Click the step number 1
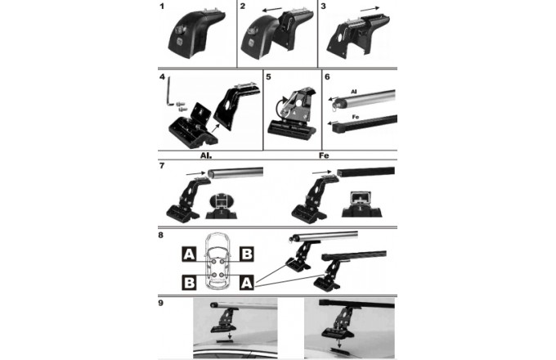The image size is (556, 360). coord(162,6)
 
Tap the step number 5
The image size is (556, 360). coord(268,77)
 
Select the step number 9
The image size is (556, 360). coord(160,303)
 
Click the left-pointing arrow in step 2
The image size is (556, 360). coord(272,9)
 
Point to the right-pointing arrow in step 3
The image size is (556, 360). coord(370,8)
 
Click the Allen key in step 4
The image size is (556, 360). coord(170,91)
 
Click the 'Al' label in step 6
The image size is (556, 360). coord(353,92)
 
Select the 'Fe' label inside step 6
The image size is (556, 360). coord(356,117)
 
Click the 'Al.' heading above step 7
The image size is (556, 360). coord(206,155)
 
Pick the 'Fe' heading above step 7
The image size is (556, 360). coord(324,155)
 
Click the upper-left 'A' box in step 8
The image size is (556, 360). coord(189,254)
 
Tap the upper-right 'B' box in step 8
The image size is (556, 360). coord(246,254)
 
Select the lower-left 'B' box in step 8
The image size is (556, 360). coord(189,282)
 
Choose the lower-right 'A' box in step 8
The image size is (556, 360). coord(246,282)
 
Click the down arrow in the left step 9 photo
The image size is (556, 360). coord(230,335)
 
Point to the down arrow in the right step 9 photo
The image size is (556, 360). coord(339,343)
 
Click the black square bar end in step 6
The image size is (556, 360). coord(339,128)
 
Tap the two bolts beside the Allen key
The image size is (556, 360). coord(182,106)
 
